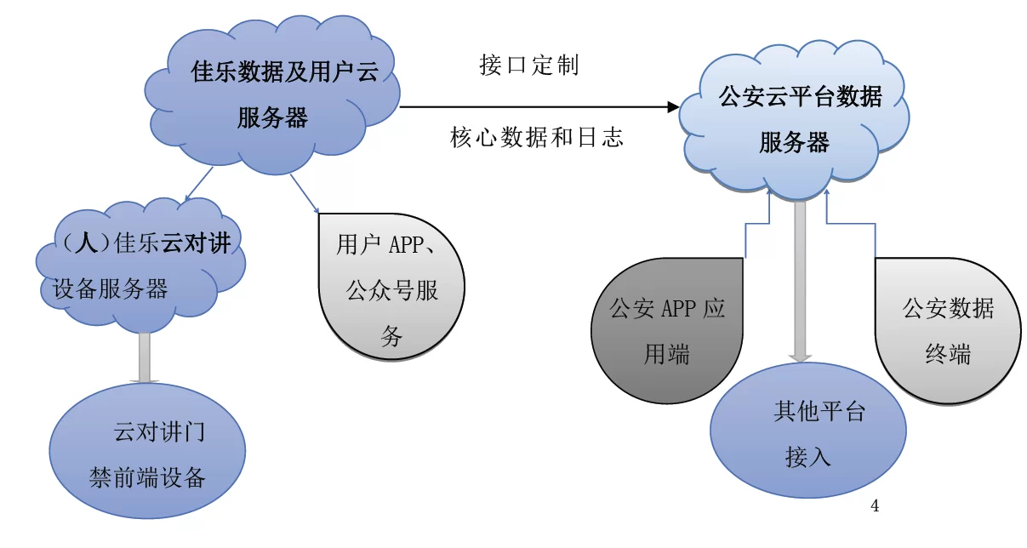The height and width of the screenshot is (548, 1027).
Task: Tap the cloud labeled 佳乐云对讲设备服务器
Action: tap(140, 264)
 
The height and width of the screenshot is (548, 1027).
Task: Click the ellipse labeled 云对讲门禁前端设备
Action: tap(147, 453)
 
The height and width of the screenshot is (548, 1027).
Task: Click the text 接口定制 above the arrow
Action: tap(529, 66)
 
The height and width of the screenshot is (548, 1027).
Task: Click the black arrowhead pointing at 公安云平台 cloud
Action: tap(673, 107)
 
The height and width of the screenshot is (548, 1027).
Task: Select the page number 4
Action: tap(875, 507)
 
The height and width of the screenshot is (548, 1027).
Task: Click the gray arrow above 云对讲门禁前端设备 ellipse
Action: tap(144, 357)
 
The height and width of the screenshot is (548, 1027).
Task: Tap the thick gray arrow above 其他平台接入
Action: tap(800, 281)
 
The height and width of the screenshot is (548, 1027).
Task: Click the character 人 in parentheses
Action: tap(83, 244)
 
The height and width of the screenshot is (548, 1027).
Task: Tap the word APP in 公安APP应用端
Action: tap(678, 308)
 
